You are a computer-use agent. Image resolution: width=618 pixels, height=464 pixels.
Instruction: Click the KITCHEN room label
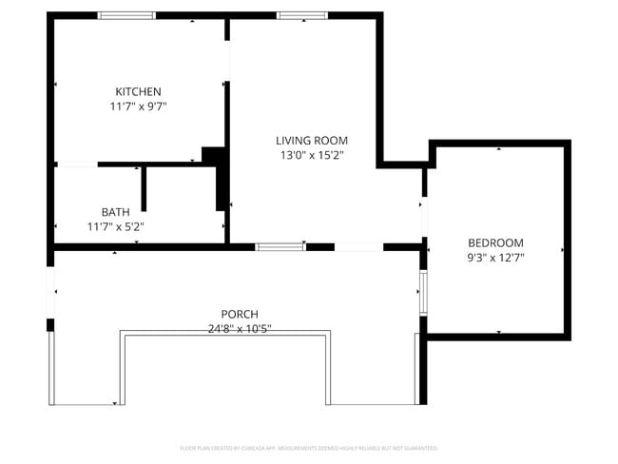click(139, 91)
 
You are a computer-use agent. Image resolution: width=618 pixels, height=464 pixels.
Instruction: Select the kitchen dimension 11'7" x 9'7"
click(139, 106)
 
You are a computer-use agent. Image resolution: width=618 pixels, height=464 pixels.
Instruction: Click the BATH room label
click(115, 211)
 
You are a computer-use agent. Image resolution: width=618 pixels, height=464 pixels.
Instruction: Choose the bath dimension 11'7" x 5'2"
click(115, 226)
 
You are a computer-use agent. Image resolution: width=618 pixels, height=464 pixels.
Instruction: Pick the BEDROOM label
click(495, 242)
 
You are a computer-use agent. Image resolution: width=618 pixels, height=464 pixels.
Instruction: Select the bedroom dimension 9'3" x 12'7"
click(495, 257)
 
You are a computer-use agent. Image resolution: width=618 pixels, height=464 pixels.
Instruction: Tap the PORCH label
click(240, 314)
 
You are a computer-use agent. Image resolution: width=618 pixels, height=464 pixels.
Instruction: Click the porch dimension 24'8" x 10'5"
click(240, 329)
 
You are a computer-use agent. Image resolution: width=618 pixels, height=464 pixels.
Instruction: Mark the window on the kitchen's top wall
click(126, 15)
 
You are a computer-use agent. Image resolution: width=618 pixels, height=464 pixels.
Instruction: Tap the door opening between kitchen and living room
click(227, 61)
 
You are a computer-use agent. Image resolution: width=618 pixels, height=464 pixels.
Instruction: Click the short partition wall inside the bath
click(144, 189)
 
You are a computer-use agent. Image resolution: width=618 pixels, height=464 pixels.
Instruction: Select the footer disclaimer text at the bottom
click(309, 447)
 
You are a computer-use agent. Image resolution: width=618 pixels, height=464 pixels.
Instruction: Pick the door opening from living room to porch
click(358, 247)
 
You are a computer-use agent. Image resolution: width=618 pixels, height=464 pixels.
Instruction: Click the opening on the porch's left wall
click(51, 290)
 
